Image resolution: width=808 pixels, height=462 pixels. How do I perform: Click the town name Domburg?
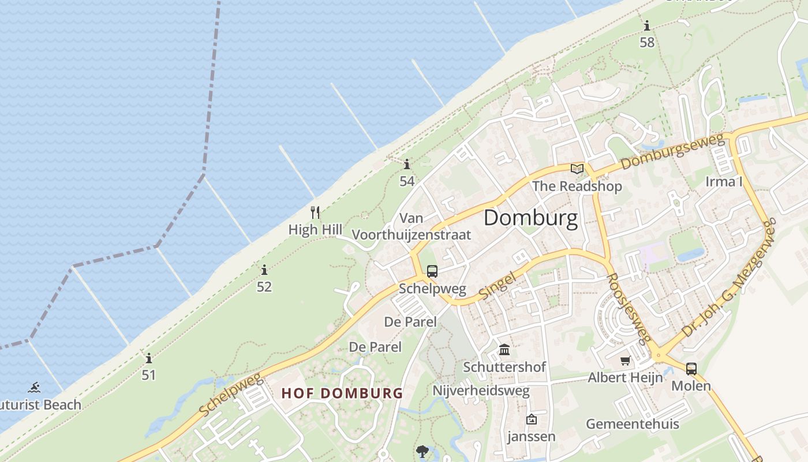click(530, 218)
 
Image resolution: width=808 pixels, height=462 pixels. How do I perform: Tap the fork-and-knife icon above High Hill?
click(315, 212)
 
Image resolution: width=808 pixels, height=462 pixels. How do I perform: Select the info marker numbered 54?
click(407, 164)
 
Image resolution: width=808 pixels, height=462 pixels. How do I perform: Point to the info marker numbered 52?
click(264, 270)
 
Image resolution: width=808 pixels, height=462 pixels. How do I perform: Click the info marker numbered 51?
click(149, 358)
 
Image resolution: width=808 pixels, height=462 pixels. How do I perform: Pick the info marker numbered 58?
click(647, 26)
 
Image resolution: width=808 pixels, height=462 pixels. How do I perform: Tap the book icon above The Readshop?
click(577, 169)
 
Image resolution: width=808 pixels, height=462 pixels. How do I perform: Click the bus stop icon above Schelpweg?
click(432, 271)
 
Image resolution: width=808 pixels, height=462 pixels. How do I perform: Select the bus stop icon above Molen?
click(691, 368)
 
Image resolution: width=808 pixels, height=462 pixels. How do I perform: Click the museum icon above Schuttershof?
click(504, 350)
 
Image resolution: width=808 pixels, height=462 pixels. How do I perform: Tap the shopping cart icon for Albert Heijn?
click(625, 361)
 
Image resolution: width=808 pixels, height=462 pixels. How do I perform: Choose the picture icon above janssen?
click(531, 419)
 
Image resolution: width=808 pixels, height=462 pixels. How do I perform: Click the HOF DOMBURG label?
click(342, 394)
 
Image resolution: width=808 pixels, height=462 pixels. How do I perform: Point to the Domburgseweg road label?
click(672, 152)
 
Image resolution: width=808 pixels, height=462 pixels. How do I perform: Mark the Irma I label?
click(724, 182)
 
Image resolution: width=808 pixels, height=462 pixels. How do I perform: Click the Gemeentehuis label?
click(633, 424)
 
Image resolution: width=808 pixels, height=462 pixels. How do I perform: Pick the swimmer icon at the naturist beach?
click(35, 388)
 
